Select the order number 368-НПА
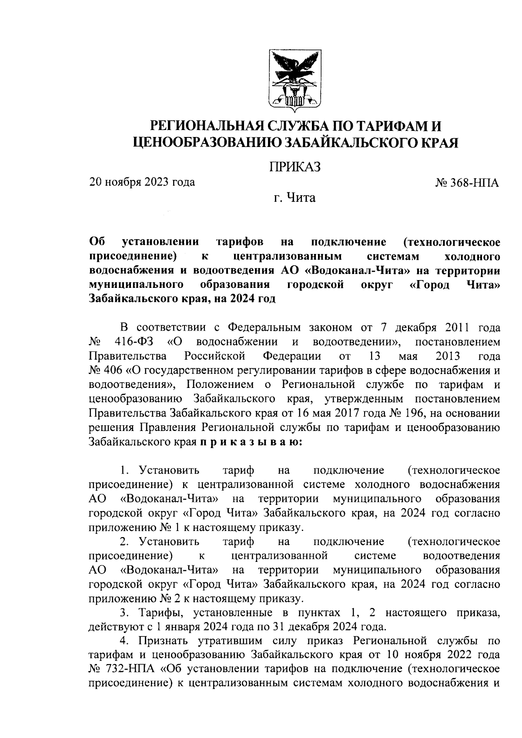click(472, 183)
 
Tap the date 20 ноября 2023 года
click(142, 182)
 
